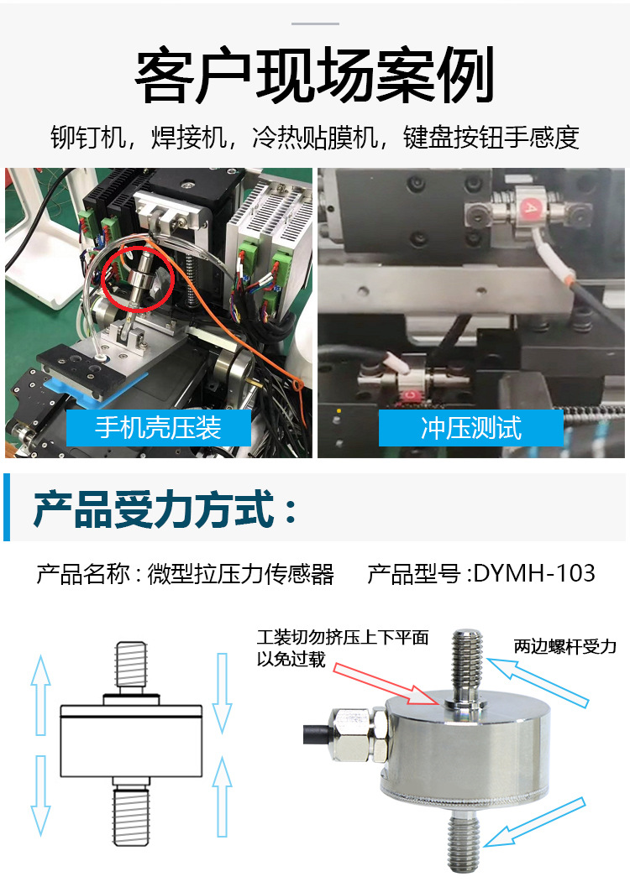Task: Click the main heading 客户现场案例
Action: (x=315, y=76)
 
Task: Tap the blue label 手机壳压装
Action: (x=158, y=427)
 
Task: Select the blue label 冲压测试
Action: (x=470, y=427)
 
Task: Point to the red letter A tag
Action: (x=530, y=209)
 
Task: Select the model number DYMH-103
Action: (x=534, y=573)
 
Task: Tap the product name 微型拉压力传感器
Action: (x=241, y=574)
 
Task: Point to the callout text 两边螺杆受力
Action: (x=564, y=646)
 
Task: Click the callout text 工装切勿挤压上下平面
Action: (x=343, y=637)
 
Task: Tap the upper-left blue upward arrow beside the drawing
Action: (x=40, y=695)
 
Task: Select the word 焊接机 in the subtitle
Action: (x=188, y=138)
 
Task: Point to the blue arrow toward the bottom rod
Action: (x=535, y=822)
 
